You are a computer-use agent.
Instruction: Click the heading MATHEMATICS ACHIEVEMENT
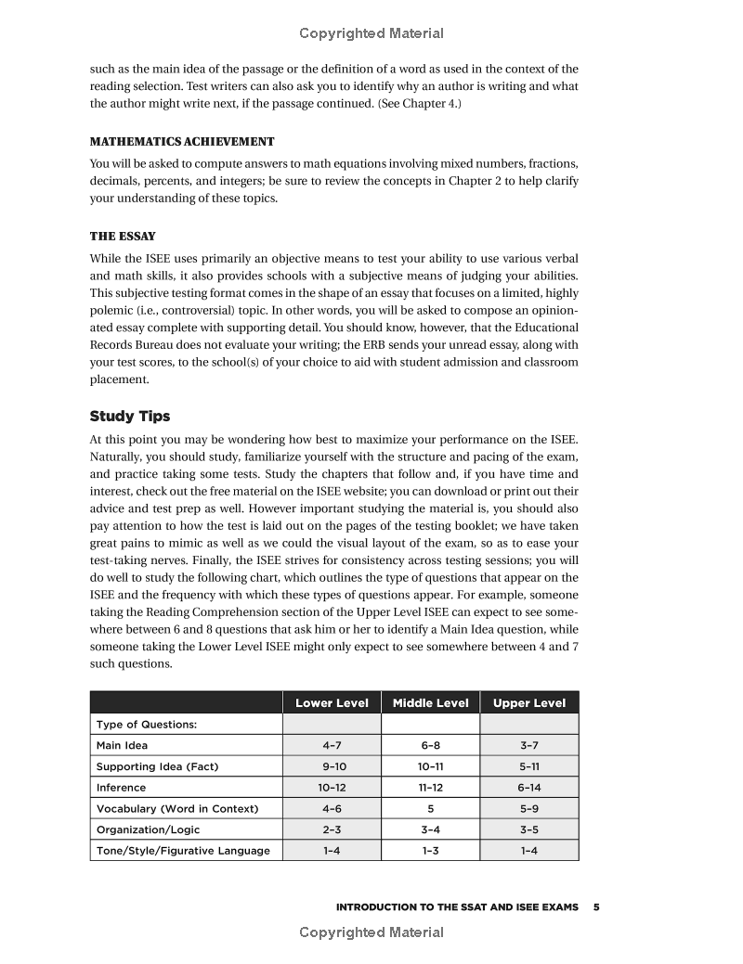coord(182,142)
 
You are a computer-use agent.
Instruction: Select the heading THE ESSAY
coord(123,236)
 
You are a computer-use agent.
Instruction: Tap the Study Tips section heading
coord(130,416)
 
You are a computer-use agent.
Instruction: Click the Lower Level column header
coord(332,702)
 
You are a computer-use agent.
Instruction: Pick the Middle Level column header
coord(430,702)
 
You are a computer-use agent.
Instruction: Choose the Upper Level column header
coord(528,702)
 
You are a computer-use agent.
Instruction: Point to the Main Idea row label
coord(122,745)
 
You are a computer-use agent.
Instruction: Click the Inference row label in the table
coord(121,788)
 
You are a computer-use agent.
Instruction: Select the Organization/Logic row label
coord(148,829)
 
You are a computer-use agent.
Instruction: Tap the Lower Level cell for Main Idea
coord(332,745)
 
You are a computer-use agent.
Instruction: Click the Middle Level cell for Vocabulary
coord(430,808)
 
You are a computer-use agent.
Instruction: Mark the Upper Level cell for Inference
coord(528,788)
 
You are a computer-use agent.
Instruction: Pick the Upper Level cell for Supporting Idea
coord(528,766)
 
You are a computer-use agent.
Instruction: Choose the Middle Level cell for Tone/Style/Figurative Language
coord(430,851)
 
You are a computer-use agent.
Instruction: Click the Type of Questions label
coord(147,724)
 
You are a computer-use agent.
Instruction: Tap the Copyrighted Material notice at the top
coord(371,33)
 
